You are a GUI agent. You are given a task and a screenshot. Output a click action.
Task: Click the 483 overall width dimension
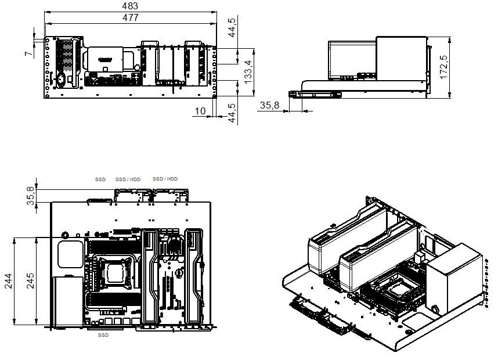(x=130, y=6)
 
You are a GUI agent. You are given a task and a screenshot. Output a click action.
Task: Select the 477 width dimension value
(x=131, y=17)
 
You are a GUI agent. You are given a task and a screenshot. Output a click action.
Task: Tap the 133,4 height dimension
(x=248, y=72)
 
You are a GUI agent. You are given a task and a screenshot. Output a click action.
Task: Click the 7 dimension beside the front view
(x=28, y=53)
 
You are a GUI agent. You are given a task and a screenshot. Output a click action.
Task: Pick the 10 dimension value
(x=200, y=111)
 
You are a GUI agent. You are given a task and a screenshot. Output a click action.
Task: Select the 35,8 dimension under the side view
(x=270, y=105)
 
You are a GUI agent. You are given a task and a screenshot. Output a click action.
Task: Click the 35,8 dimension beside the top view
(x=30, y=196)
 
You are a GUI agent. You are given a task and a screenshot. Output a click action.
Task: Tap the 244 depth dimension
(x=8, y=280)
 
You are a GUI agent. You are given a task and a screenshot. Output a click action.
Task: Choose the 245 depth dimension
(x=30, y=280)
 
